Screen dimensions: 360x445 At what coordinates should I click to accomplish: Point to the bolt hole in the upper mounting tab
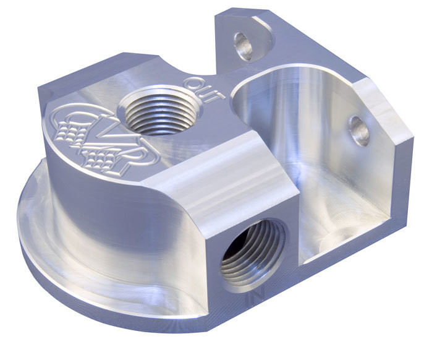[244, 46]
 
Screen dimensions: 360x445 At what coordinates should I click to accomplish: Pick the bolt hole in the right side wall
[358, 130]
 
